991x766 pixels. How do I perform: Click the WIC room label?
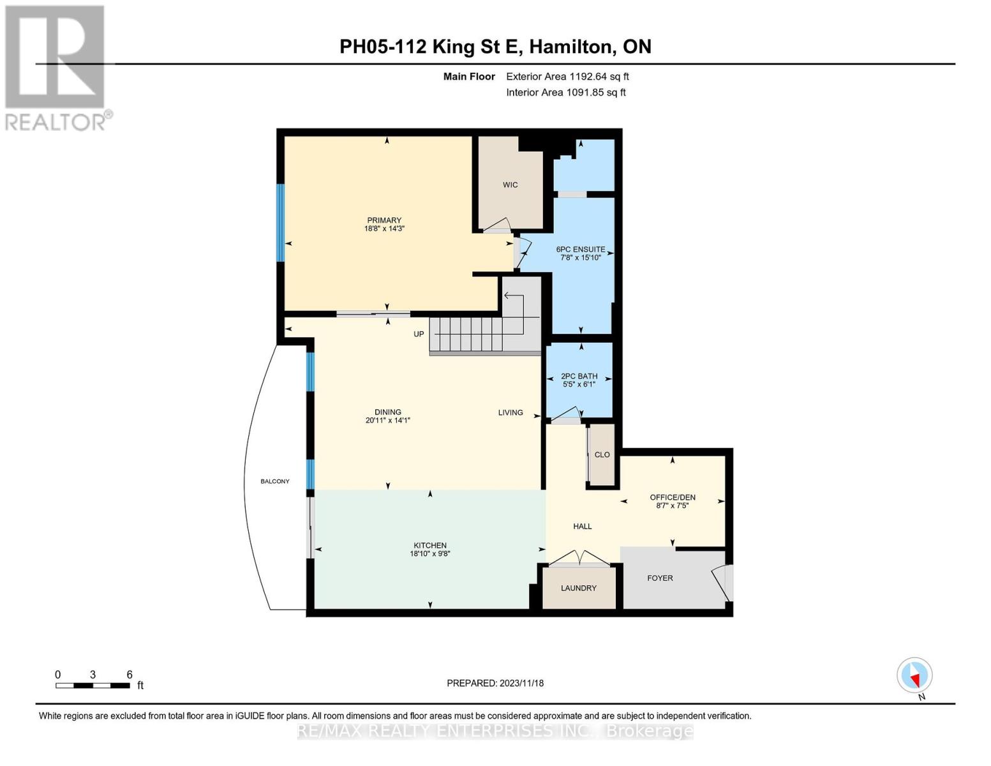(x=510, y=184)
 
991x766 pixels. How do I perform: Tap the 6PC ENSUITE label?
(x=581, y=250)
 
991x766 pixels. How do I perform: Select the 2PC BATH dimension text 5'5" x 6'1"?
(x=579, y=385)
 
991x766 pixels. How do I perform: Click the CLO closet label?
(x=602, y=455)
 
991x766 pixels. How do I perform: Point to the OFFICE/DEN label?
(x=673, y=497)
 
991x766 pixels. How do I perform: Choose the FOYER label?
(x=660, y=578)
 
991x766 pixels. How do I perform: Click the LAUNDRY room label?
(x=579, y=588)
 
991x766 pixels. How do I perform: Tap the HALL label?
(x=583, y=527)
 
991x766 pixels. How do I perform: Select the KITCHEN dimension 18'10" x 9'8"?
(x=430, y=554)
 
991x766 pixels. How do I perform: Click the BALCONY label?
(x=275, y=481)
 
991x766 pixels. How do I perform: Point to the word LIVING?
(x=510, y=412)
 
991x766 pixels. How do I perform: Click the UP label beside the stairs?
(x=419, y=334)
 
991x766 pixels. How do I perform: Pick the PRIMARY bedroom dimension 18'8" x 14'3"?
(x=384, y=229)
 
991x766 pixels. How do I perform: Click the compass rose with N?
(x=915, y=675)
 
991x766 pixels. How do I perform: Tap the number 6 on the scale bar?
(x=130, y=675)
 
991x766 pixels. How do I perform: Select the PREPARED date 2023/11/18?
(x=522, y=684)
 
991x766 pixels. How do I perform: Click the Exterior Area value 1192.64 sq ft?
(x=598, y=77)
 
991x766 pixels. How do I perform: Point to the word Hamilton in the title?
(x=571, y=47)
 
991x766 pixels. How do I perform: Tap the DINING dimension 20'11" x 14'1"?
(x=387, y=421)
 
